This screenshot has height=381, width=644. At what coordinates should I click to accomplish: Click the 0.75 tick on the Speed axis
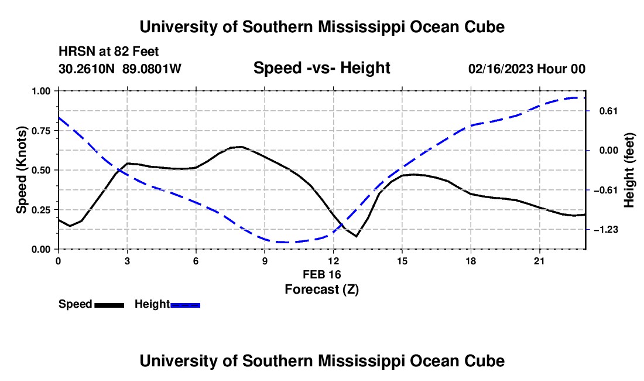[x=40, y=131]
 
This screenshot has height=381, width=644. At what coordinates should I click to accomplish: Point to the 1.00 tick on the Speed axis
[x=40, y=91]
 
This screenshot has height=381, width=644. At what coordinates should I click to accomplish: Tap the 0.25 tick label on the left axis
[x=40, y=210]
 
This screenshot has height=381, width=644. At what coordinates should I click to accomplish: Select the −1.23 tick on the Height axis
[x=606, y=230]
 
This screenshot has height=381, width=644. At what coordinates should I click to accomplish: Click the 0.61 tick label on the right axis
[x=609, y=111]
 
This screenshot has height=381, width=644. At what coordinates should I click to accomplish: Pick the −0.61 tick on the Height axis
[x=606, y=190]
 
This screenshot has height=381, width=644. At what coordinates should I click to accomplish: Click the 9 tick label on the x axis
[x=265, y=261]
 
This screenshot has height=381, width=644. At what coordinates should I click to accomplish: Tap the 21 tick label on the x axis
[x=539, y=261]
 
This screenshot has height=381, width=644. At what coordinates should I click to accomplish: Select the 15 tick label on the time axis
[x=402, y=261]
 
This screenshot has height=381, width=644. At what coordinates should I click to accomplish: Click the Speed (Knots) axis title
[x=21, y=170]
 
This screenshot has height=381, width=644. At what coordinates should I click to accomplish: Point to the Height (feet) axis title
[x=629, y=170]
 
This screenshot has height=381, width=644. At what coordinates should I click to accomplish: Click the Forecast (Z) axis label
[x=322, y=290]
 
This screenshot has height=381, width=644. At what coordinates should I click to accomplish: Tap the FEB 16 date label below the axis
[x=322, y=274]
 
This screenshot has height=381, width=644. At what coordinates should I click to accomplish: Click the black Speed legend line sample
[x=109, y=305]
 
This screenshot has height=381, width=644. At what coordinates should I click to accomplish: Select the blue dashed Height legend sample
[x=185, y=305]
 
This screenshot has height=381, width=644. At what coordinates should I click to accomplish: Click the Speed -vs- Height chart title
[x=322, y=68]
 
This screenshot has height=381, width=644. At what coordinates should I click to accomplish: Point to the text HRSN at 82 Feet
[x=108, y=52]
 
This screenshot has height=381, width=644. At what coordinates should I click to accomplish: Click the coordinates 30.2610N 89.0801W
[x=120, y=69]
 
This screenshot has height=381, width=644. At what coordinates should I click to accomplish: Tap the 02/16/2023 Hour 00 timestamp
[x=527, y=69]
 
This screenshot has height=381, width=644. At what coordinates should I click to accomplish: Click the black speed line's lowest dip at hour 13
[x=356, y=236]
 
